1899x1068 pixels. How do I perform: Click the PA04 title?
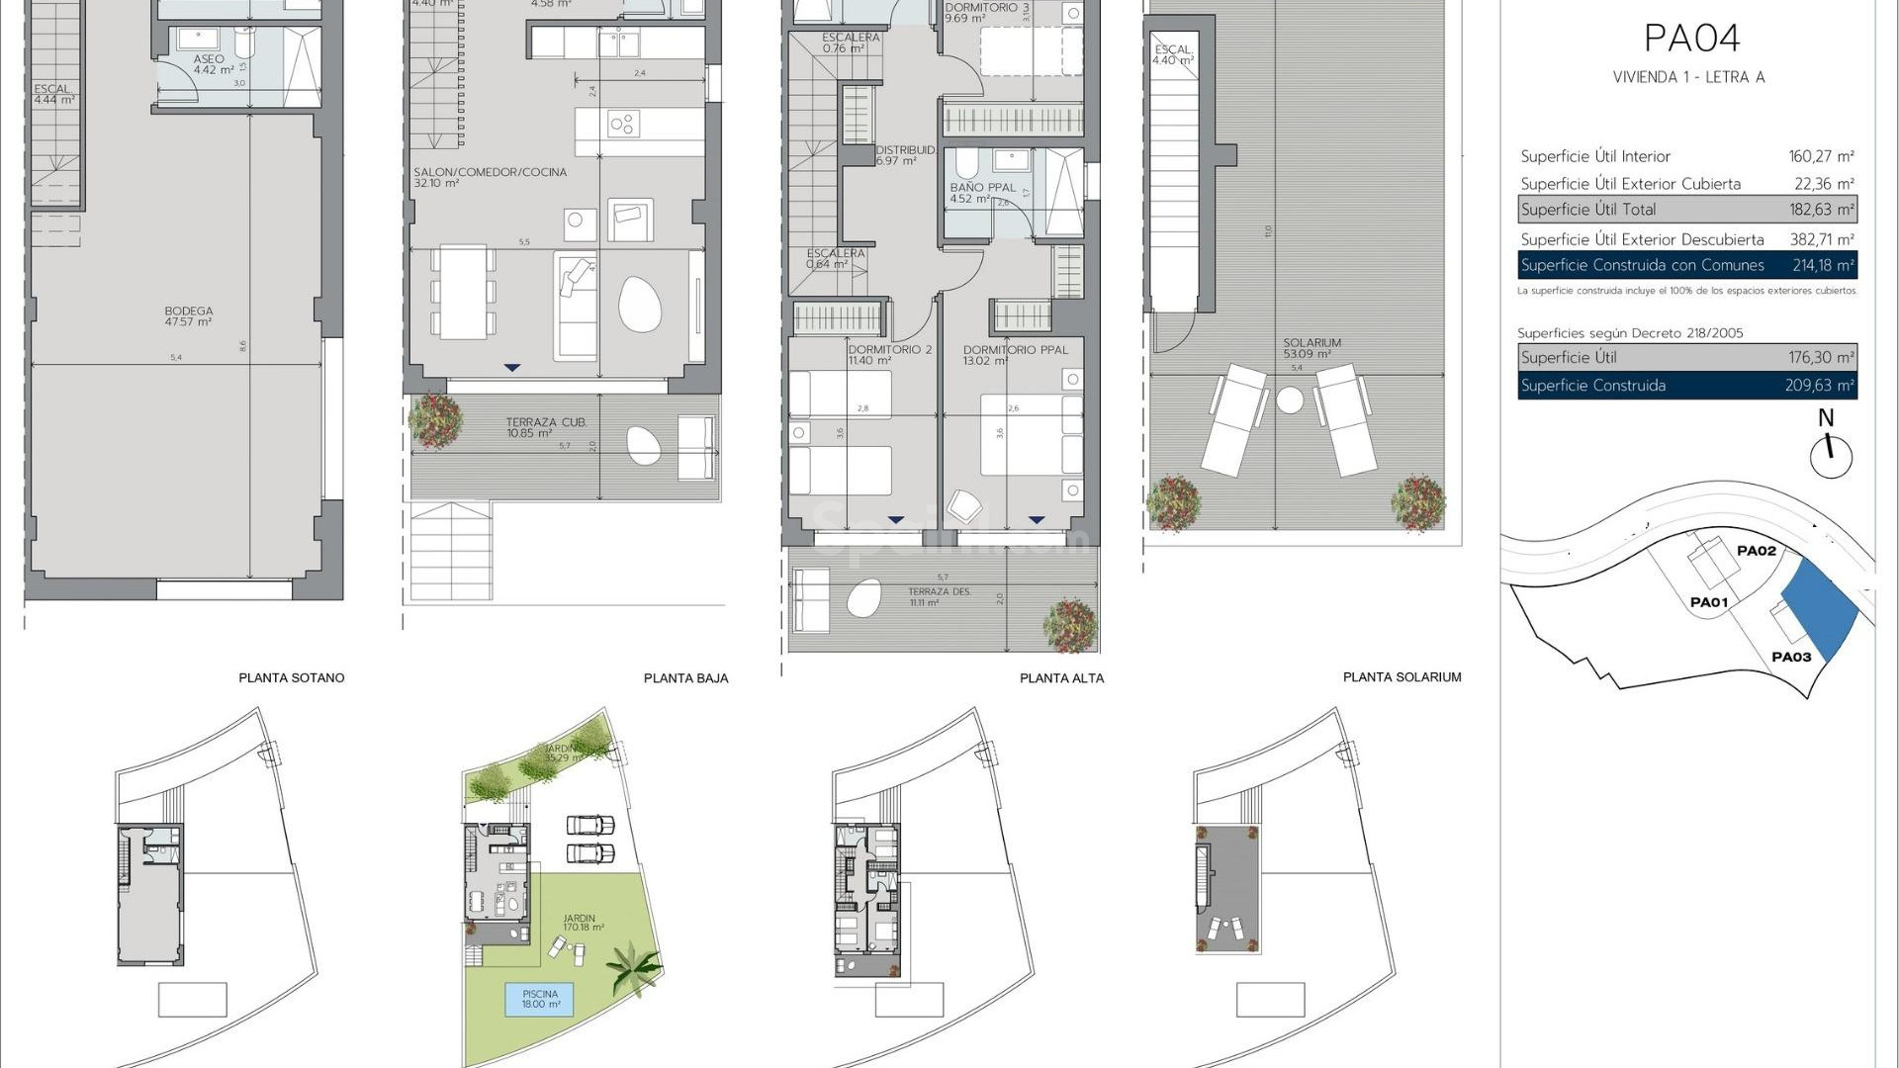pos(1691,39)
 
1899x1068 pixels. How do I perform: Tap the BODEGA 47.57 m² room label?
pos(189,316)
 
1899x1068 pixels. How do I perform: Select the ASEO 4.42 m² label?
pos(213,65)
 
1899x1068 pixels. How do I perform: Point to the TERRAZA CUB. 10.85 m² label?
pos(546,427)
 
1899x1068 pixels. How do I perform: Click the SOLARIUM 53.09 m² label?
pos(1311,348)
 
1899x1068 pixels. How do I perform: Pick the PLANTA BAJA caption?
pos(685,678)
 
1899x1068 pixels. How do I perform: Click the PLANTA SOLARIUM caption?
pos(1402,677)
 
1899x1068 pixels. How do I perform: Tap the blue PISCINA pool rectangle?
pos(540,999)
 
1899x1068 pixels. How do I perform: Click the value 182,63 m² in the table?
pos(1821,210)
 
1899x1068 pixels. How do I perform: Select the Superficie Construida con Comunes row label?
pos(1642,265)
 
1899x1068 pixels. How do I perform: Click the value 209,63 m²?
pos(1819,386)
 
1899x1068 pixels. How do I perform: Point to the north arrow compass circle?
pos(1830,457)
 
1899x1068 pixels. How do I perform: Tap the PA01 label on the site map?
pos(1708,602)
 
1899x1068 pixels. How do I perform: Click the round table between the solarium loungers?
pos(1290,400)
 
